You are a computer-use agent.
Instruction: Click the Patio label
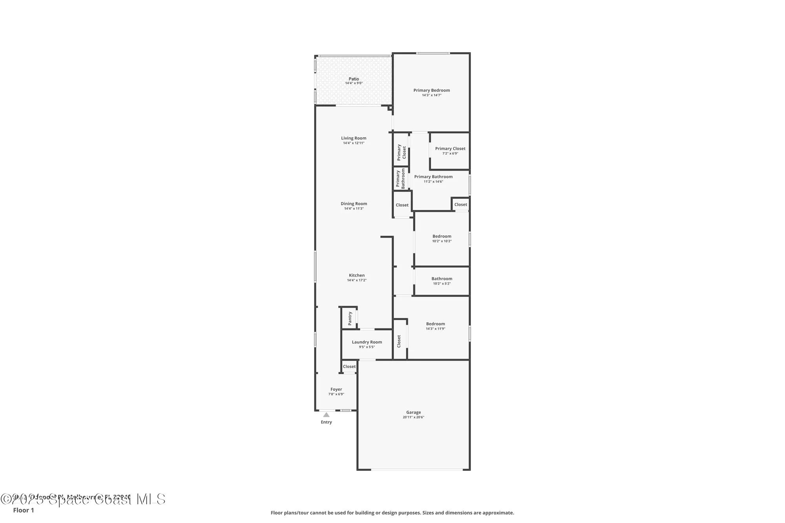tap(354, 79)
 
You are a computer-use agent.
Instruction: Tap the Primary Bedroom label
tap(431, 90)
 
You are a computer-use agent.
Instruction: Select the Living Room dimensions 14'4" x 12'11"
tap(354, 143)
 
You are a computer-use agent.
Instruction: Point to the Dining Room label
tap(354, 204)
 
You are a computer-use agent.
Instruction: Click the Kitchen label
tap(357, 275)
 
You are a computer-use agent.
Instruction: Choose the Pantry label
tap(350, 318)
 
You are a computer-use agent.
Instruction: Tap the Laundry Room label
tap(367, 342)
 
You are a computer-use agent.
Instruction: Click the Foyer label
tap(336, 390)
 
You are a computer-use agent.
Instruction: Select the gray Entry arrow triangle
tap(326, 415)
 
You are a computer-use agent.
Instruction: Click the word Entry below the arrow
tap(326, 422)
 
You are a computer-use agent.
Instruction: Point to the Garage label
tap(413, 412)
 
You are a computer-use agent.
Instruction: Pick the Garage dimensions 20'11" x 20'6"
tap(413, 417)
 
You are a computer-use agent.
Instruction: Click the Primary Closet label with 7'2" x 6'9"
tap(450, 149)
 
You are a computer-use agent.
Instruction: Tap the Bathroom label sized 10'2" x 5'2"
tap(442, 279)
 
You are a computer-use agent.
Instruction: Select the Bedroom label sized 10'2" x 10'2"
tap(442, 236)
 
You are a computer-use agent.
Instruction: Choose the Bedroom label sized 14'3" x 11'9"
tap(435, 324)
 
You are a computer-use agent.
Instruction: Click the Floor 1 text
tap(24, 510)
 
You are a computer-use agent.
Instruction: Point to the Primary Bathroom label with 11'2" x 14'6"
tap(433, 177)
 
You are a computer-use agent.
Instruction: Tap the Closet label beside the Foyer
tap(349, 367)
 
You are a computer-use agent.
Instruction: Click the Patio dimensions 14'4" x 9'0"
tap(354, 83)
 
